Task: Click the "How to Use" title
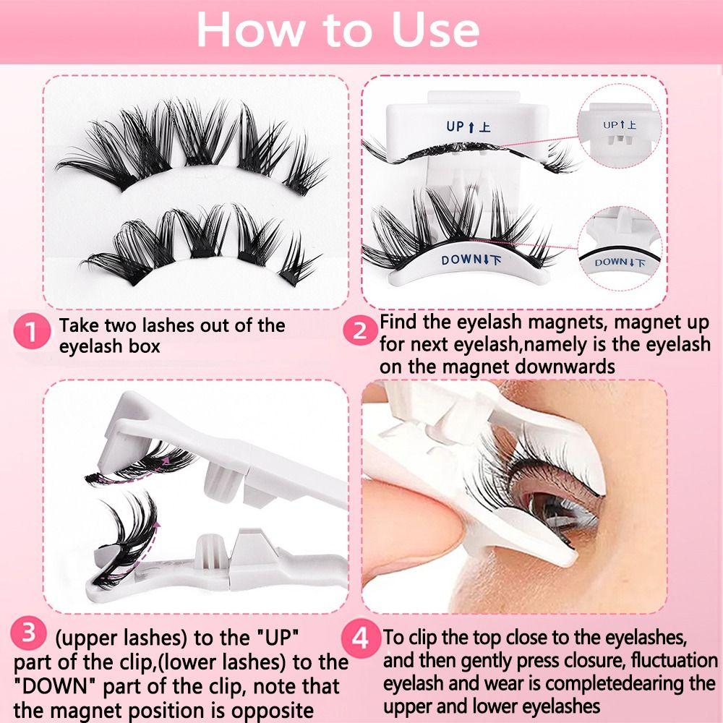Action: pyautogui.click(x=338, y=30)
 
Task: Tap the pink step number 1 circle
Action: pyautogui.click(x=30, y=334)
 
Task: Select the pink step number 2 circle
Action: pyautogui.click(x=360, y=332)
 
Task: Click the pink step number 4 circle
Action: pyautogui.click(x=363, y=639)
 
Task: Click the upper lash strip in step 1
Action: pyautogui.click(x=188, y=145)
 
